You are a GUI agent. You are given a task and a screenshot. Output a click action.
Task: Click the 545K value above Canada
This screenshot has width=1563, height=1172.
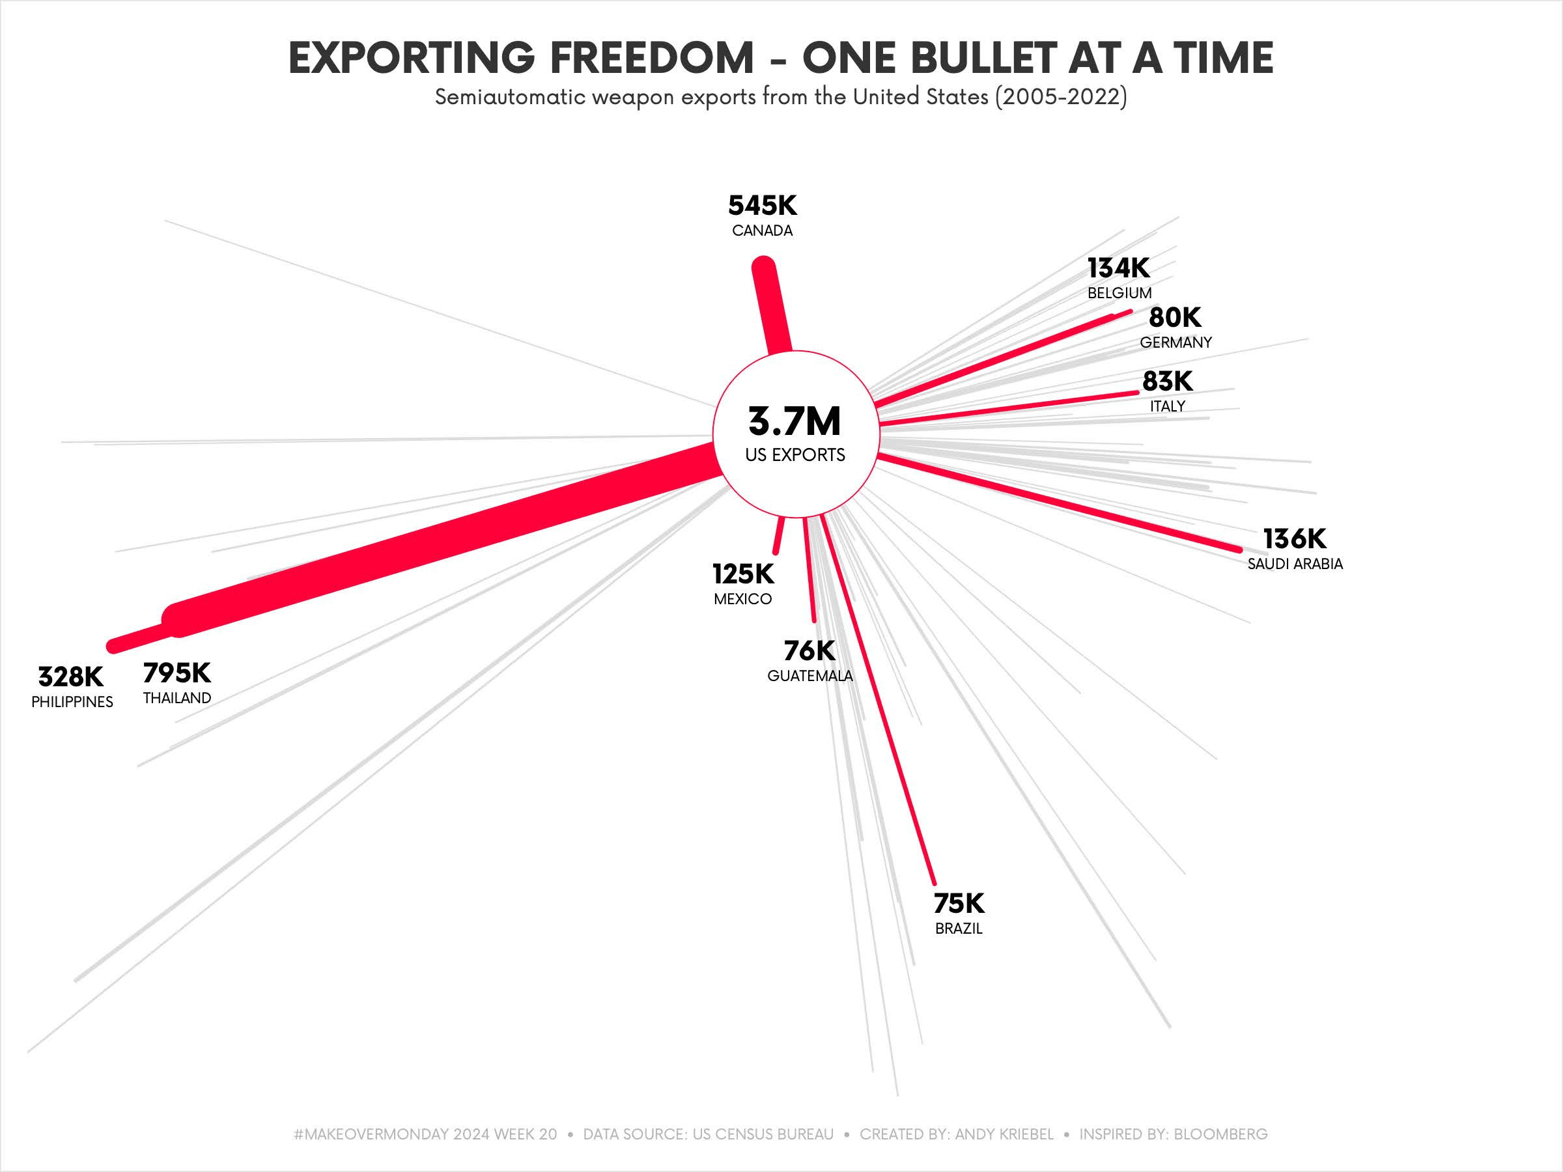click(763, 206)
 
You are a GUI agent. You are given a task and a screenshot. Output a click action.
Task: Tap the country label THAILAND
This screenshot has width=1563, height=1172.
click(176, 698)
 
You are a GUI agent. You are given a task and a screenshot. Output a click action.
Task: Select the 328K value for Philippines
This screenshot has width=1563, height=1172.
click(70, 677)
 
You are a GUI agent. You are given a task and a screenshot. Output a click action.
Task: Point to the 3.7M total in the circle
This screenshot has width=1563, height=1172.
click(795, 422)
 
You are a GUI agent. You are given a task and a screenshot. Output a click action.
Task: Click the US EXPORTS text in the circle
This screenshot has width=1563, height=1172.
click(795, 455)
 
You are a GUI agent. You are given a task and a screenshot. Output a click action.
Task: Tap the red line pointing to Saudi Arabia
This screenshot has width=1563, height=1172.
click(1060, 503)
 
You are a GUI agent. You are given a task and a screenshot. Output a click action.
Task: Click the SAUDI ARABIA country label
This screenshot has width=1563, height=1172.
click(1295, 564)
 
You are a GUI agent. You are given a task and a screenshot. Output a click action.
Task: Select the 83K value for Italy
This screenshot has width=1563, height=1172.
click(1167, 382)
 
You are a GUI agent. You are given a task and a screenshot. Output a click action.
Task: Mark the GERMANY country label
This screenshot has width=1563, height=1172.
click(1176, 342)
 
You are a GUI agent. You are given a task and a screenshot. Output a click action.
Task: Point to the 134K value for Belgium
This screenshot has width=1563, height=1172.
click(1119, 268)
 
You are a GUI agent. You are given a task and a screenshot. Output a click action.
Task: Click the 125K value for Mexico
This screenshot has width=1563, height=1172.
click(742, 574)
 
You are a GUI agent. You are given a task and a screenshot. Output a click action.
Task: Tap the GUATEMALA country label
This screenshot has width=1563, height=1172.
click(810, 676)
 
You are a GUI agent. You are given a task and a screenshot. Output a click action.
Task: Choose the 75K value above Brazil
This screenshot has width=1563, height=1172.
click(959, 904)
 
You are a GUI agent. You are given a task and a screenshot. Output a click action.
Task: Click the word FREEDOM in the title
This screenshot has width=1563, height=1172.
click(651, 58)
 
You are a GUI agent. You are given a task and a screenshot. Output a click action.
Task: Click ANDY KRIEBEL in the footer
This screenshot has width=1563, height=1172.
click(1004, 1134)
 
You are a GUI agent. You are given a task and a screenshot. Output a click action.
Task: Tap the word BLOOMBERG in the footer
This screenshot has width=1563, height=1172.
click(1220, 1134)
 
